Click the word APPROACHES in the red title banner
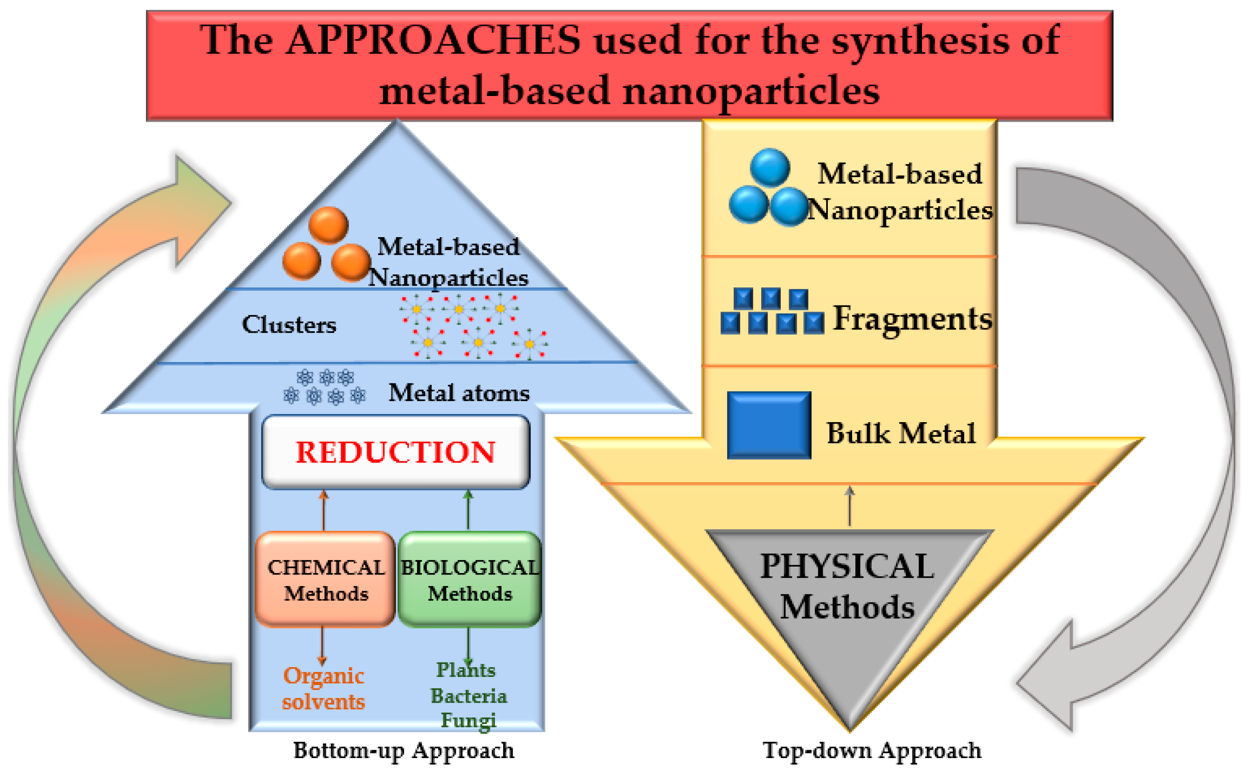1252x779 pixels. coord(433,40)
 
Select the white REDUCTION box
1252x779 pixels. coord(395,452)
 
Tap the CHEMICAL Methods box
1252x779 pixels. coord(325,580)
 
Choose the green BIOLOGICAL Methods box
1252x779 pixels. coord(469,580)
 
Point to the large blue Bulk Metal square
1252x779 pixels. coord(769,425)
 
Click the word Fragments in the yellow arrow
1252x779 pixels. coord(912,318)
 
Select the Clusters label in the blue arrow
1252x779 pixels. coord(289,325)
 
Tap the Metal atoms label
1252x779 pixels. coord(459,393)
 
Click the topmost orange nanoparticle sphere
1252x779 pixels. coord(328,225)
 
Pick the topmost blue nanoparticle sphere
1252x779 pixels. coord(770,167)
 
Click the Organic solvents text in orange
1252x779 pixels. coord(323,688)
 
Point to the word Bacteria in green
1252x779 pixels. coord(468,696)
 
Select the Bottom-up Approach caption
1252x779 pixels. coord(404,751)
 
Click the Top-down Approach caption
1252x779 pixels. coord(872,751)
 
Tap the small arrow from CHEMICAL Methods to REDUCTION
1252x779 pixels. coord(323,510)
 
